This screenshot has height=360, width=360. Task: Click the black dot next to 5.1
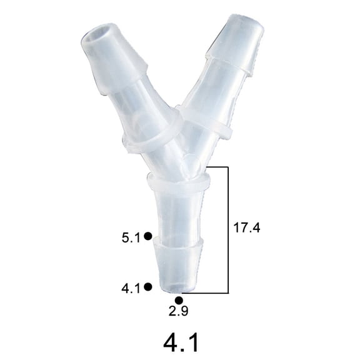pyautogui.click(x=147, y=236)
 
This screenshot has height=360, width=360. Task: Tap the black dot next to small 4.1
pyautogui.click(x=147, y=287)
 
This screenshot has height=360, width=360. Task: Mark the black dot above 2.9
pyautogui.click(x=179, y=301)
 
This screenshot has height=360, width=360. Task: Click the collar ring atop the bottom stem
pyautogui.click(x=177, y=182)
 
